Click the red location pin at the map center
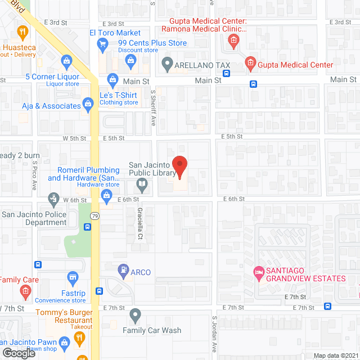[179, 166]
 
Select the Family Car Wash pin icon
[134, 315]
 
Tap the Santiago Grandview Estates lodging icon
[259, 272]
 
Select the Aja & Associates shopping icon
[88, 103]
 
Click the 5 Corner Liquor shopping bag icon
[66, 60]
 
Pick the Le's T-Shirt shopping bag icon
[112, 78]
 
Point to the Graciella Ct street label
[140, 224]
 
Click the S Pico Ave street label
[34, 175]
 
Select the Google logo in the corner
[19, 353]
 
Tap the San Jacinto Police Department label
[34, 218]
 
